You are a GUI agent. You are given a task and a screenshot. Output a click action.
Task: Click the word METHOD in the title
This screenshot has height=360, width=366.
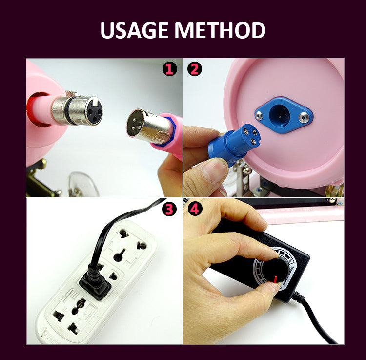point(220,30)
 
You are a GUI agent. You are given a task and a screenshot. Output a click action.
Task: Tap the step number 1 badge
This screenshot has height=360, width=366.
point(170,69)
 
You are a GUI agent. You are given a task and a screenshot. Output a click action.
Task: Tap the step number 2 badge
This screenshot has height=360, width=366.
point(195,69)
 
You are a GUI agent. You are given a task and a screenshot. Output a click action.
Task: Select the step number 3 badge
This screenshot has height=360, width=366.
point(169,209)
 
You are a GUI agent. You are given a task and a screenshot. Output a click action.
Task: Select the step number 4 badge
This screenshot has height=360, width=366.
point(195,209)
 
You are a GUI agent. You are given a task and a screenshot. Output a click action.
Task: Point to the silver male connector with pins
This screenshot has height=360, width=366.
point(149,127)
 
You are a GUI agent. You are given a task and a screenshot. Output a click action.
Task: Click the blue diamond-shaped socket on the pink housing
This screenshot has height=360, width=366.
point(284,115)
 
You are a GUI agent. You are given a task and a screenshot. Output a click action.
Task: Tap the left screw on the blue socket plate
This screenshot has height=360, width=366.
point(259,115)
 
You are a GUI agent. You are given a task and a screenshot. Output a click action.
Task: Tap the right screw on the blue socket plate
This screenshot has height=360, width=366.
point(304,116)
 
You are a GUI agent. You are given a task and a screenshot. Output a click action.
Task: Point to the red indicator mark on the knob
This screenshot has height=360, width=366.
point(275,279)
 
